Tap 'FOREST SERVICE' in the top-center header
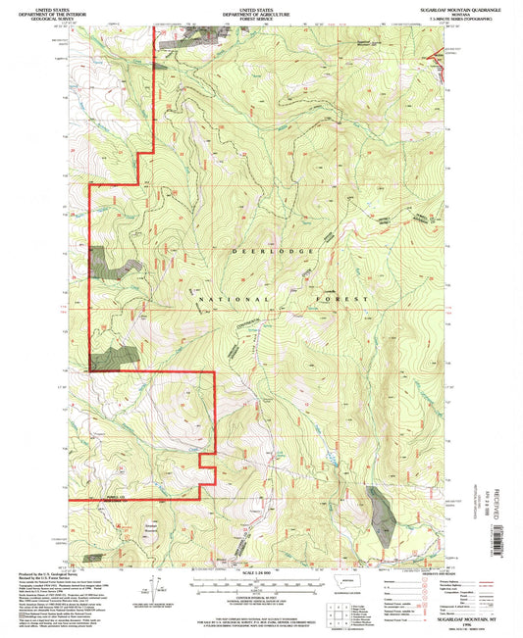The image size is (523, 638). [x=261, y=18]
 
